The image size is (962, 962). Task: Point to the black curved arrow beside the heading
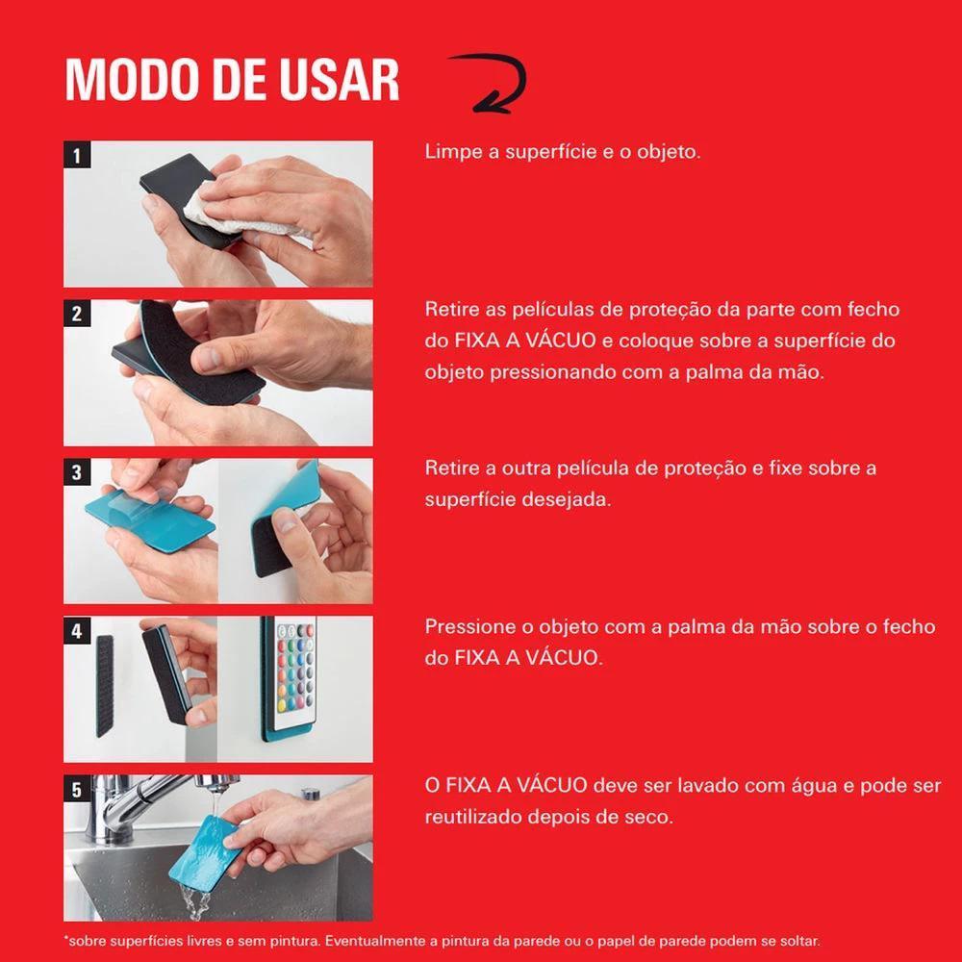(x=492, y=83)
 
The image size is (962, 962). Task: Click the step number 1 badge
(x=77, y=155)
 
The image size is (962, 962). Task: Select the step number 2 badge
(x=77, y=314)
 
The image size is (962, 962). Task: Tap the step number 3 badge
(x=77, y=471)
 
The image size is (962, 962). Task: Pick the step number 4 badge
(x=77, y=631)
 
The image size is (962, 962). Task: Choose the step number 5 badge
(x=77, y=789)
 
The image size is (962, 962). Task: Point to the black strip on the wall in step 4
(x=105, y=686)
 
